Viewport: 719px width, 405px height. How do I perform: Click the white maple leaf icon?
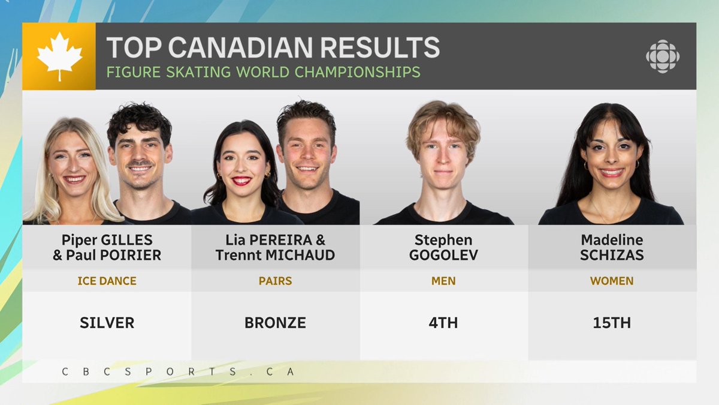tap(59, 56)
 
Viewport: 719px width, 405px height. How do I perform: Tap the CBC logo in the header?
tap(663, 56)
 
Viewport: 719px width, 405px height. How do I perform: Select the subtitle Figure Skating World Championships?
tap(263, 72)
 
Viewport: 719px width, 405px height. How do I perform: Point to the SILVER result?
tap(107, 323)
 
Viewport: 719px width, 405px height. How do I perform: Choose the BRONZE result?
tap(275, 323)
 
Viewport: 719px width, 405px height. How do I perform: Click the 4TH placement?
tap(444, 323)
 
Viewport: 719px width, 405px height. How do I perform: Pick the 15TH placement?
tap(612, 323)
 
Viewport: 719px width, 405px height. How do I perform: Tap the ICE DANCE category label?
tap(107, 281)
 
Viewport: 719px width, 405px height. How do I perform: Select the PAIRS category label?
tap(275, 281)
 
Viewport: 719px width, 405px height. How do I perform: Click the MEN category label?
tap(443, 281)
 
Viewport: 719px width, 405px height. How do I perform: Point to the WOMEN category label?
tap(612, 281)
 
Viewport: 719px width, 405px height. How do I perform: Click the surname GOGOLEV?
tap(444, 255)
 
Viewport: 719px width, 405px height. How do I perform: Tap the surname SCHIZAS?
tap(612, 255)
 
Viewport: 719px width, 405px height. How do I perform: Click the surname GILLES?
tap(127, 240)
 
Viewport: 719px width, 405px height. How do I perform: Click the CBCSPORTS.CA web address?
tap(179, 371)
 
